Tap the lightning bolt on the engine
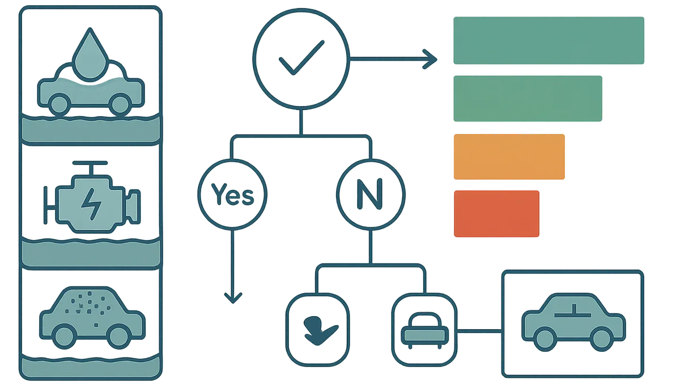click(x=91, y=204)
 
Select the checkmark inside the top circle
click(x=301, y=57)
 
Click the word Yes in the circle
click(x=232, y=195)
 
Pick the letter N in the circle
click(x=369, y=194)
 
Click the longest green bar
click(x=549, y=40)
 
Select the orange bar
click(x=509, y=157)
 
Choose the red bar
click(x=496, y=213)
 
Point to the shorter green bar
click(x=528, y=99)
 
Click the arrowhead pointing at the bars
click(x=430, y=59)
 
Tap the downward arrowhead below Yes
click(x=233, y=297)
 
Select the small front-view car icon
click(x=424, y=330)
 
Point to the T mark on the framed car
click(x=573, y=311)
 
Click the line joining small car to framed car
click(x=479, y=331)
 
